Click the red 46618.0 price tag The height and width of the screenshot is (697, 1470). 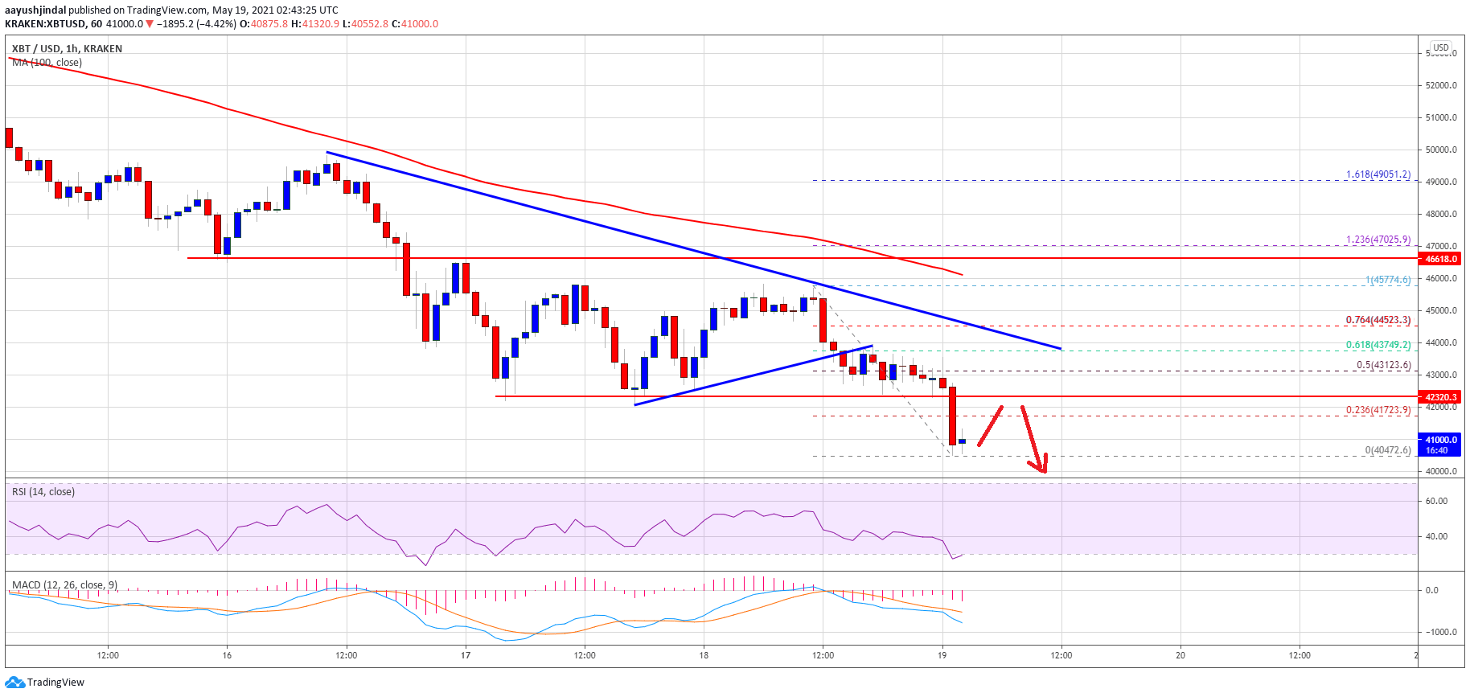tap(1441, 259)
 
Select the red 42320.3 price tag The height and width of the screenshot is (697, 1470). tap(1441, 397)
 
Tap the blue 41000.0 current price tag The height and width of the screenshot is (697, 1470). tap(1441, 440)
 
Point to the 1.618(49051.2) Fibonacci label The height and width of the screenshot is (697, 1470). tap(1378, 174)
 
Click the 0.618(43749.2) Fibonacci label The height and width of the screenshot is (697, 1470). tap(1378, 345)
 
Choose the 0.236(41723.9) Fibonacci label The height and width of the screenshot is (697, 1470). tap(1378, 410)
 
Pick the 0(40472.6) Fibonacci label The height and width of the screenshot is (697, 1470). tap(1387, 450)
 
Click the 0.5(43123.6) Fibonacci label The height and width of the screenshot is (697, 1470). tap(1383, 365)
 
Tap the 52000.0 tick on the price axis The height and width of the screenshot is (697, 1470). tap(1441, 85)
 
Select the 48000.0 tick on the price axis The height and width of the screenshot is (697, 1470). tap(1441, 214)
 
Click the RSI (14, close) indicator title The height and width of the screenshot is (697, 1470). tap(43, 492)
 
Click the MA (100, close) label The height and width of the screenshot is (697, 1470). tap(47, 63)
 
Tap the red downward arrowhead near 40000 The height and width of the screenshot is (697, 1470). tap(1042, 467)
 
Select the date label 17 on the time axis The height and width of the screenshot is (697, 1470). tap(466, 655)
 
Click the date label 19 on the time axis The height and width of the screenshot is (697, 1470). tap(942, 655)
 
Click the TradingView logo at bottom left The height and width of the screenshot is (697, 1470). tap(45, 683)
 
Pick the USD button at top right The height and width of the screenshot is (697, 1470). tap(1441, 47)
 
